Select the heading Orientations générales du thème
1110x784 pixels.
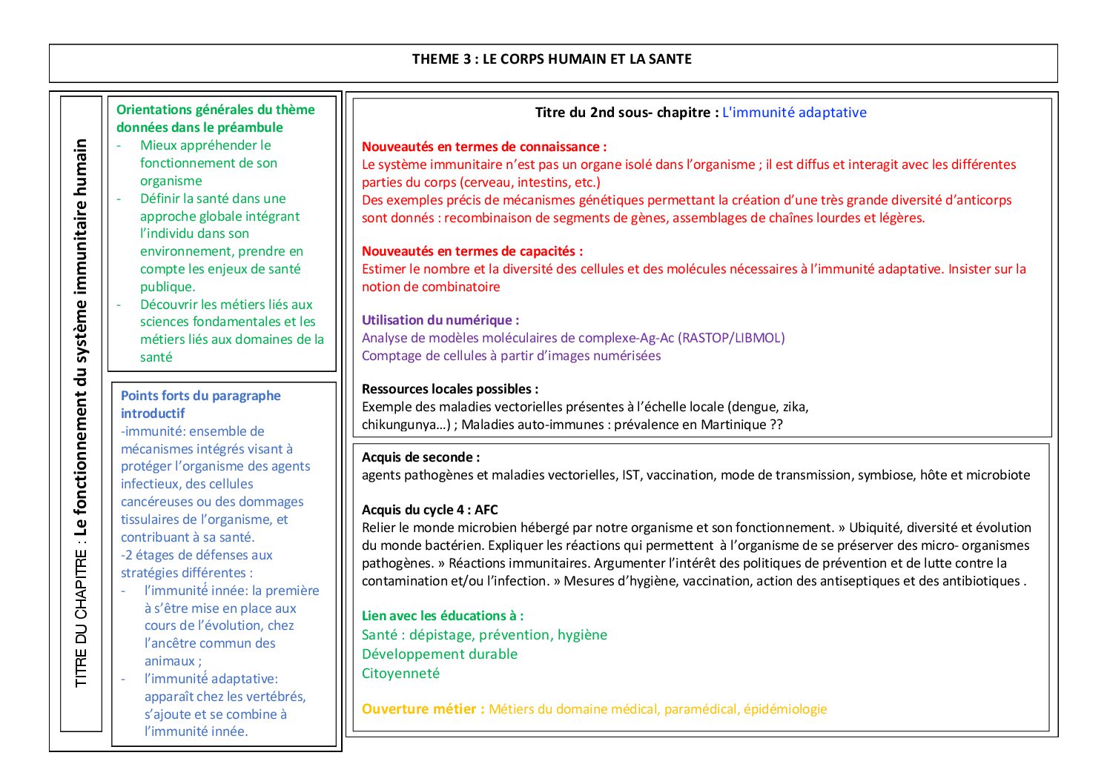pos(215,110)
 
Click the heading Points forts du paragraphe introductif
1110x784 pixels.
pos(200,396)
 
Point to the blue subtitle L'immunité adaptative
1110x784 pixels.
pos(794,113)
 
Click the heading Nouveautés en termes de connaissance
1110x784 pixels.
pos(483,147)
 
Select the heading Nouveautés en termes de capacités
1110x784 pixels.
pos(472,251)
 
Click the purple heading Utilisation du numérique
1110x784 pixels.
pos(440,320)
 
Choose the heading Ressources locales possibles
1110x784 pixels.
pos(450,389)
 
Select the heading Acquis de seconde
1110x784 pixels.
pos(420,457)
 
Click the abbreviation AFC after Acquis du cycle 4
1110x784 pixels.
pos(486,510)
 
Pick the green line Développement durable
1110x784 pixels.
pos(440,654)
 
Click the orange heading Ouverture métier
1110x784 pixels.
pos(423,709)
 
